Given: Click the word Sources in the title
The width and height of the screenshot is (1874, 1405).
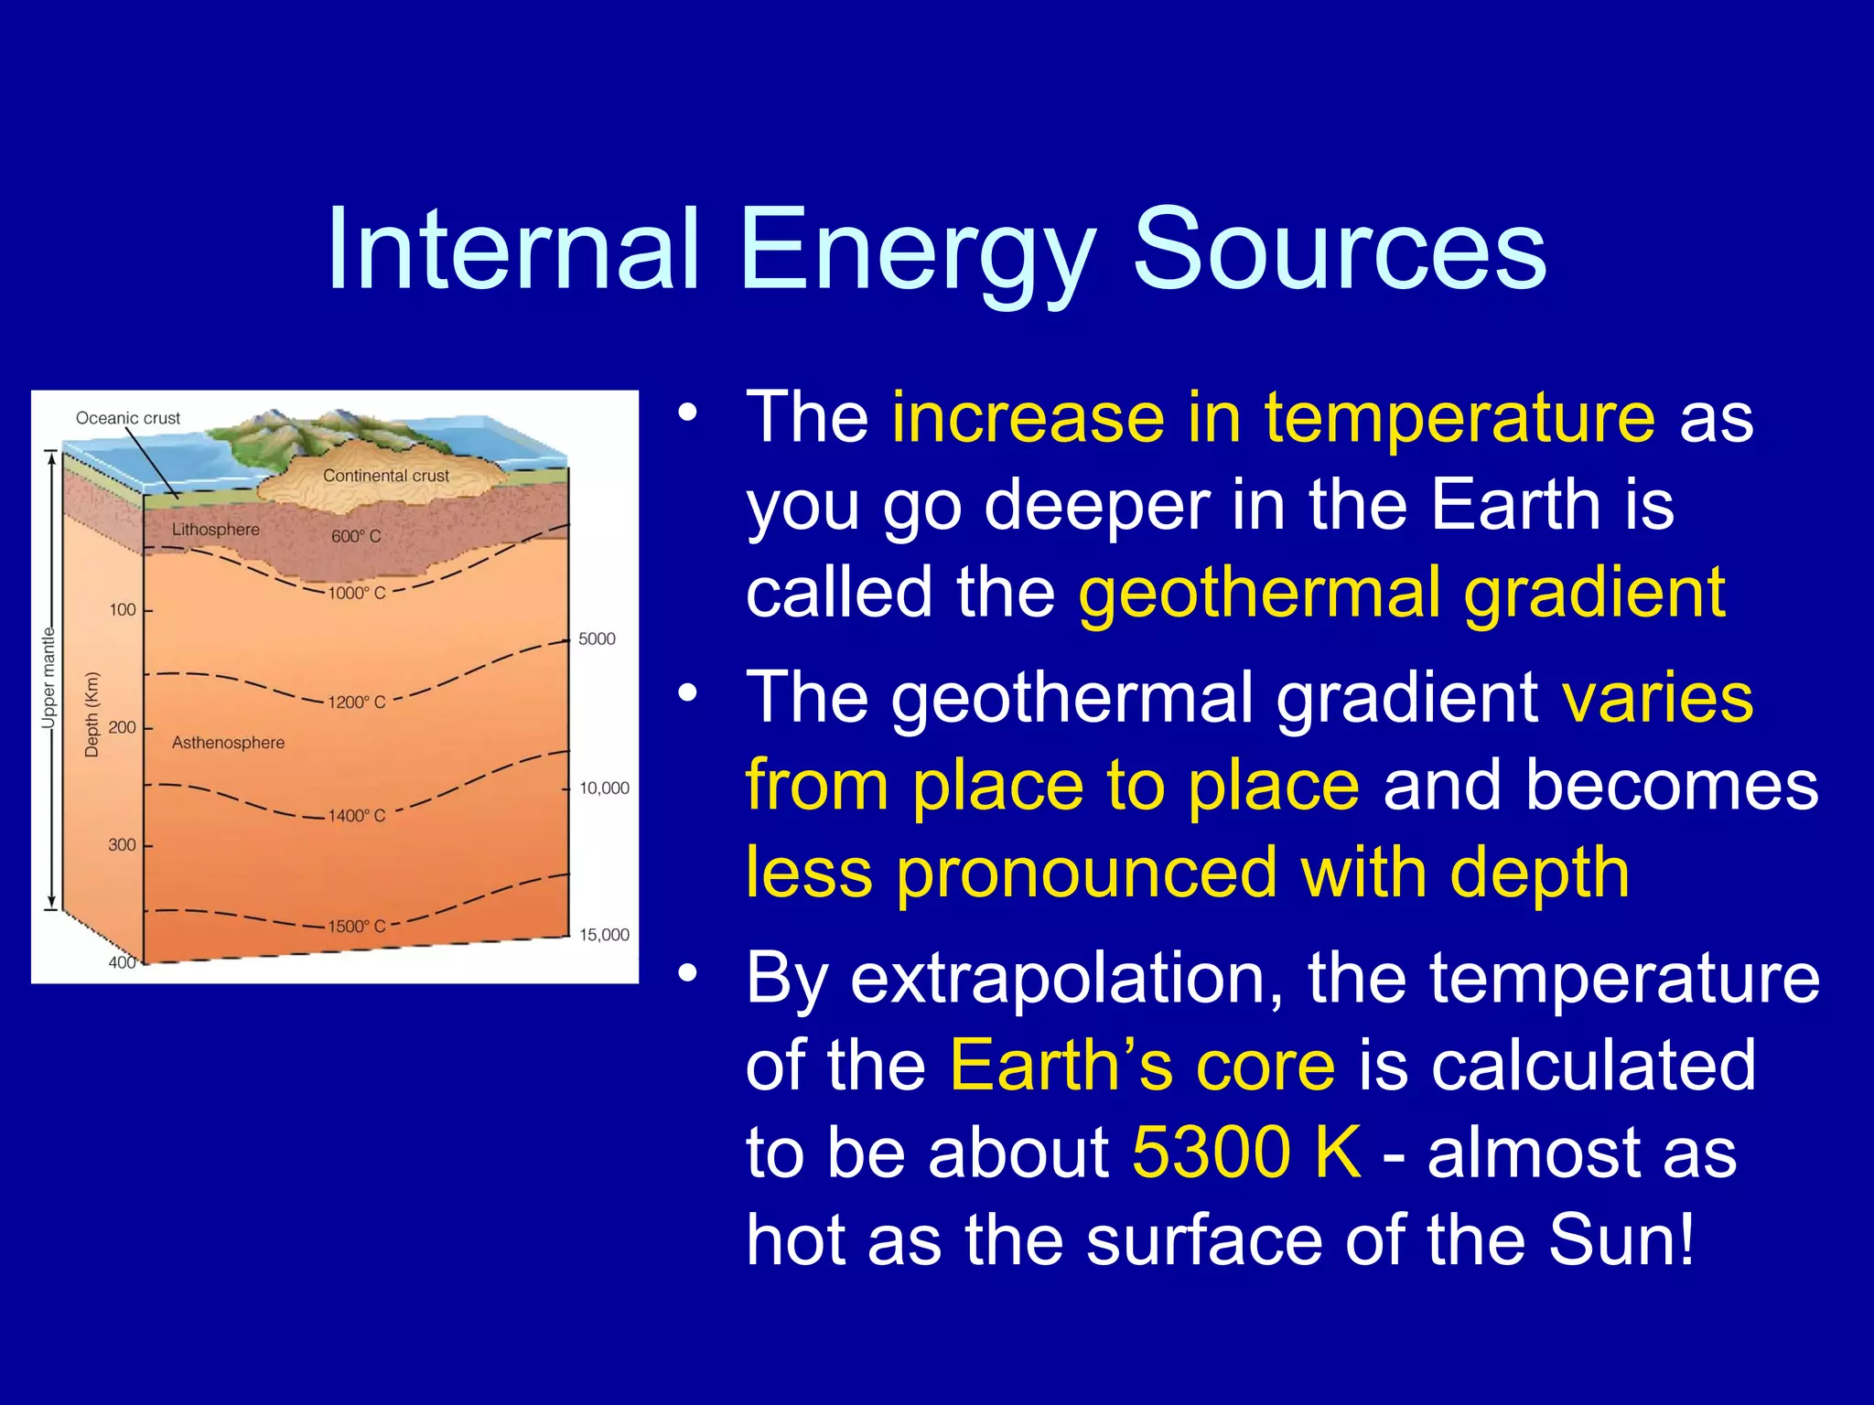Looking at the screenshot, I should (x=1340, y=249).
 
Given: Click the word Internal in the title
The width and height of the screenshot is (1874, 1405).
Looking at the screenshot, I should (x=513, y=249).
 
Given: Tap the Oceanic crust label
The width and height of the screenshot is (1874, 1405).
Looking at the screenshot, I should (x=128, y=418).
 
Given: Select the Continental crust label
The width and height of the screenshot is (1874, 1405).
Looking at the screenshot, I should (x=385, y=476).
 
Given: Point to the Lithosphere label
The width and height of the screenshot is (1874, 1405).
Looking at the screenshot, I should (x=216, y=530).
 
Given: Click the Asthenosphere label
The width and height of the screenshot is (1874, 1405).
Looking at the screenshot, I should (x=228, y=743).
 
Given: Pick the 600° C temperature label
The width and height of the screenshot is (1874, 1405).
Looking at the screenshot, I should (x=356, y=536).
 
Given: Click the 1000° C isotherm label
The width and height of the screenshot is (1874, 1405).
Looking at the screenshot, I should (x=357, y=593).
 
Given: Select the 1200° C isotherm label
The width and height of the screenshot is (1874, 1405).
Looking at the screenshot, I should (x=357, y=702).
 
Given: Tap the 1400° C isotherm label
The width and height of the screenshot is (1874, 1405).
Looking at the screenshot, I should (x=357, y=815).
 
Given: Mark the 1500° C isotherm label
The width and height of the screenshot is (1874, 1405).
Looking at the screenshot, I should (x=357, y=927).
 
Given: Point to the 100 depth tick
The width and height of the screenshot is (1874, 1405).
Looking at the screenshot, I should (x=123, y=609).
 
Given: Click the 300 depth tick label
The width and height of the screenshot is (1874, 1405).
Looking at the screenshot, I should (x=122, y=845).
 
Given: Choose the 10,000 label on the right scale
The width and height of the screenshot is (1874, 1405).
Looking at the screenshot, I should (x=604, y=788).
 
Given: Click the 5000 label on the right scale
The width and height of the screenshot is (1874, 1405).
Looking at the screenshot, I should (x=597, y=638).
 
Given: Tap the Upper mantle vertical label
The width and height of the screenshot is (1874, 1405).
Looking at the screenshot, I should (x=48, y=678).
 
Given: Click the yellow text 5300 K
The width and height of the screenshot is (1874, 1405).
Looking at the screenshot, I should (x=1246, y=1152).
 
